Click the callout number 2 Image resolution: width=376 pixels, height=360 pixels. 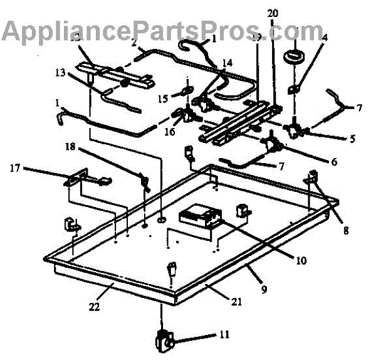(133, 43)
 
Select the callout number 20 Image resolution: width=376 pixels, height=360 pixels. (271, 14)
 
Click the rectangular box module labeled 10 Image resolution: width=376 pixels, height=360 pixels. (200, 218)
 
